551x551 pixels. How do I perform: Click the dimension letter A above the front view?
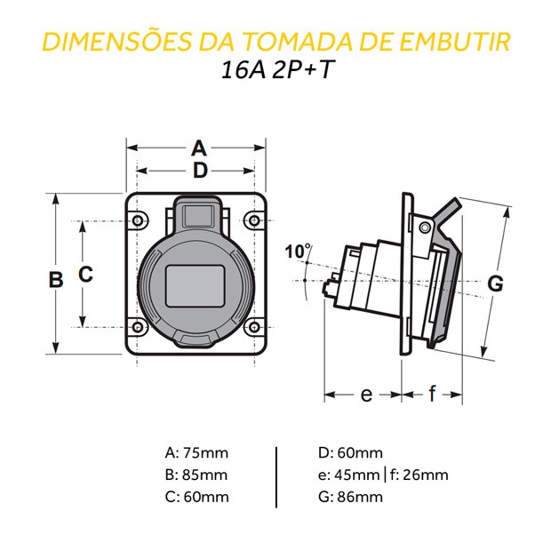pyautogui.click(x=198, y=148)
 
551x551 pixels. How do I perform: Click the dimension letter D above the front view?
pyautogui.click(x=199, y=170)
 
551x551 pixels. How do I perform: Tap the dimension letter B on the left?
pyautogui.click(x=55, y=278)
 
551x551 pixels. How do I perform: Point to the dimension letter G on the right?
pyautogui.click(x=496, y=283)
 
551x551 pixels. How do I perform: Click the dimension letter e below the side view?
pyautogui.click(x=366, y=395)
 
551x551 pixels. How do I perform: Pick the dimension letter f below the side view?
pyautogui.click(x=433, y=395)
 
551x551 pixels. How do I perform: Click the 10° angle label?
pyautogui.click(x=298, y=252)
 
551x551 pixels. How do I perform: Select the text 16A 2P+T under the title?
pyautogui.click(x=276, y=71)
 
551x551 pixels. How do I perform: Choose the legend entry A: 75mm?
pyautogui.click(x=196, y=451)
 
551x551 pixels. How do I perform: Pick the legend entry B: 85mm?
pyautogui.click(x=196, y=474)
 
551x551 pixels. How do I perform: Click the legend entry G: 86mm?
pyautogui.click(x=349, y=497)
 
